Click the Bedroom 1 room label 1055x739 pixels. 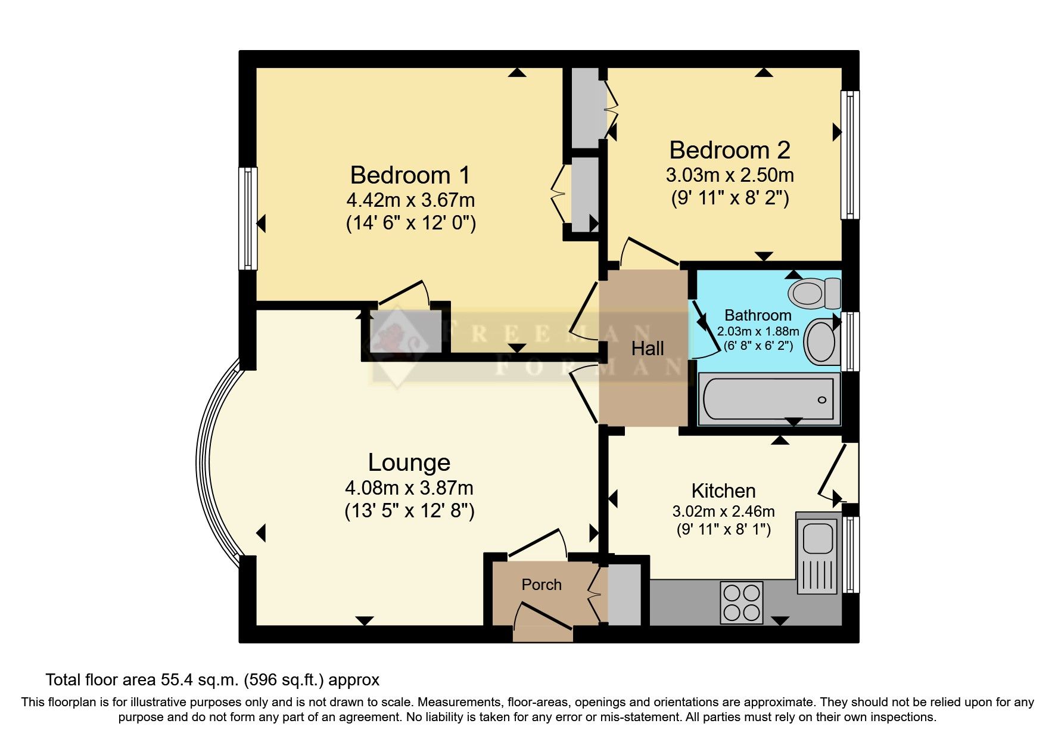tap(410, 175)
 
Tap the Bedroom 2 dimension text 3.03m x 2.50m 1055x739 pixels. tap(729, 175)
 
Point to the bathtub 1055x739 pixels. tap(768, 399)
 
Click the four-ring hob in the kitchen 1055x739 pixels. tap(742, 603)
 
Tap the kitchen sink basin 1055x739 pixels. tap(817, 538)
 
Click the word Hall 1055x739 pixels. tap(647, 349)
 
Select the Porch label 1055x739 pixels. tap(541, 585)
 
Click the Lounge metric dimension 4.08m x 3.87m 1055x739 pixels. tap(409, 488)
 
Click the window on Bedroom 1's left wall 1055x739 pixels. tap(248, 218)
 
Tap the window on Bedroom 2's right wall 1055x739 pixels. tap(850, 155)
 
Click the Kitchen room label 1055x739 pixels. tap(723, 491)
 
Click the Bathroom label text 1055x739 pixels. tap(758, 315)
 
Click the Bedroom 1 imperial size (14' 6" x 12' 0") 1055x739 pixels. tap(410, 223)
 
